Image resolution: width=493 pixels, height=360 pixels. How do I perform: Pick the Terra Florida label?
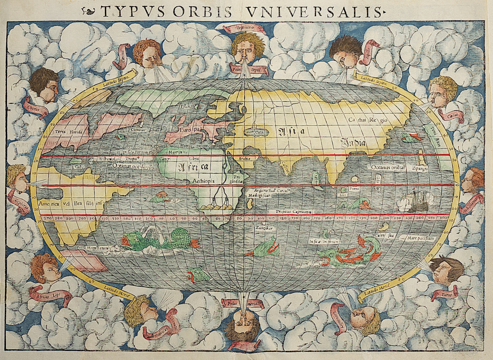pyautogui.click(x=68, y=132)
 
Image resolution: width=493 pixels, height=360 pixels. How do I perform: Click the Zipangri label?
pyautogui.click(x=420, y=169)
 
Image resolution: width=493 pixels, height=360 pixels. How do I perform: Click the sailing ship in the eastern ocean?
pyautogui.click(x=415, y=202)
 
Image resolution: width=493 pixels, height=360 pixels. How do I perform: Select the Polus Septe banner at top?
pyautogui.click(x=250, y=70)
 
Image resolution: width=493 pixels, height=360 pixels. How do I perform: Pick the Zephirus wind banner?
pyautogui.click(x=17, y=202)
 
